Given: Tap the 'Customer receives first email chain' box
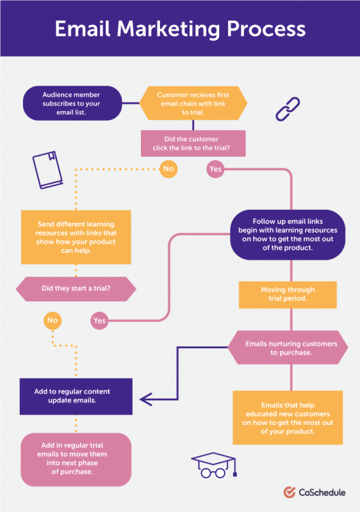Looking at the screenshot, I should (193, 103).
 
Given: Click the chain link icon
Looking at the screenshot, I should (288, 108).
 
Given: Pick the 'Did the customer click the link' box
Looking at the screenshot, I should (193, 143).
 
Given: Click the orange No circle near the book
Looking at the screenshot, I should (168, 170).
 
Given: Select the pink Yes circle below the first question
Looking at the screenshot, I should (215, 170).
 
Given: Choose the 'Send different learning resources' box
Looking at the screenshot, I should (76, 237).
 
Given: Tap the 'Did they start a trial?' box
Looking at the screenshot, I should (76, 289).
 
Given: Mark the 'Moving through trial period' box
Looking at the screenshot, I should (288, 294).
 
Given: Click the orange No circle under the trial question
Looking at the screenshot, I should (53, 319).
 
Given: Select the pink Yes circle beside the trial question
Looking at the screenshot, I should (99, 320).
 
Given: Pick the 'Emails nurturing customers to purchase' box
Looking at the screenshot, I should (288, 348).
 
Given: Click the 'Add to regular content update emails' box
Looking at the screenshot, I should (76, 396).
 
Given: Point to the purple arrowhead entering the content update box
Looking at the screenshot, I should (145, 398).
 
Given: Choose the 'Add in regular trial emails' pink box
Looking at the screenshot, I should (76, 458).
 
